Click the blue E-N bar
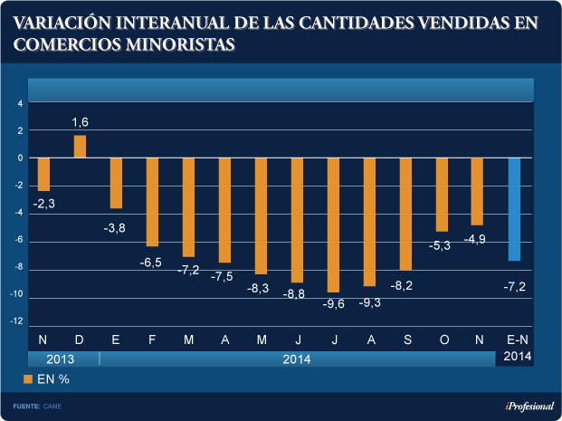514,209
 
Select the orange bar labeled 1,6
80,147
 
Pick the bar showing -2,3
43,174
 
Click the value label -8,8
295,294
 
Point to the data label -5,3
441,244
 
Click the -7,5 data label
223,276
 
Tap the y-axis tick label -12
17,323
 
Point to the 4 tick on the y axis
20,102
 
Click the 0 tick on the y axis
20,158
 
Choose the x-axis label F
151,339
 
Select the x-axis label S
405,339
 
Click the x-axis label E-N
514,339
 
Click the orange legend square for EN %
28,378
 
